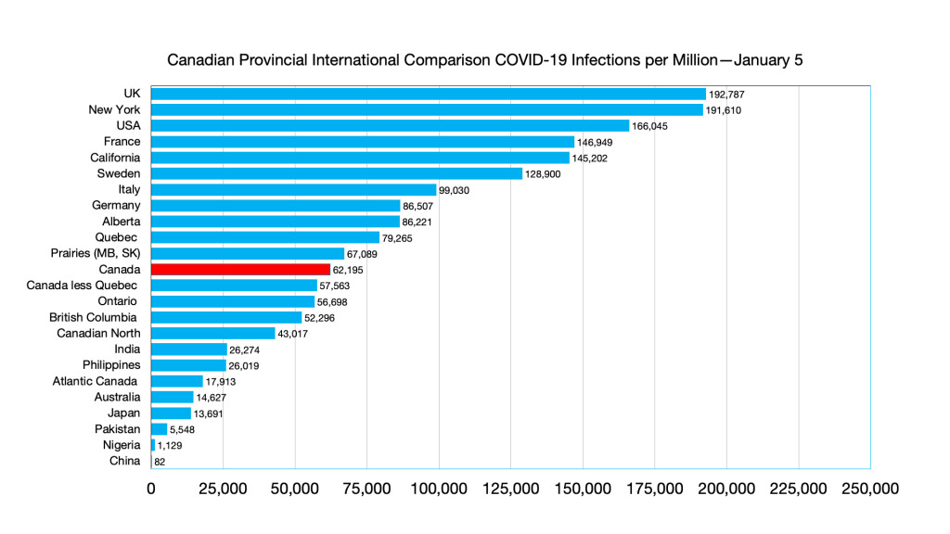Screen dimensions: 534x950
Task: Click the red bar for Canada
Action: (240, 269)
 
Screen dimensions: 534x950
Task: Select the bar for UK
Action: (428, 94)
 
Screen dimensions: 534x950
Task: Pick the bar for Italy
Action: (293, 189)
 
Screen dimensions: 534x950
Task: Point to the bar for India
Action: (188, 349)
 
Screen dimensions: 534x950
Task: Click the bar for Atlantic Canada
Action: (176, 381)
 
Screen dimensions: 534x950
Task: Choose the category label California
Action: (115, 158)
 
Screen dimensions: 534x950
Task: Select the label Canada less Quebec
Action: (84, 286)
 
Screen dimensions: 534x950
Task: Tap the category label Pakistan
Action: (118, 429)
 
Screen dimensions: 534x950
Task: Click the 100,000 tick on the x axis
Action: (439, 489)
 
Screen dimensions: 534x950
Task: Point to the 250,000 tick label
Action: (869, 489)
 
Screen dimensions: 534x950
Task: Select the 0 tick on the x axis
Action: (151, 489)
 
